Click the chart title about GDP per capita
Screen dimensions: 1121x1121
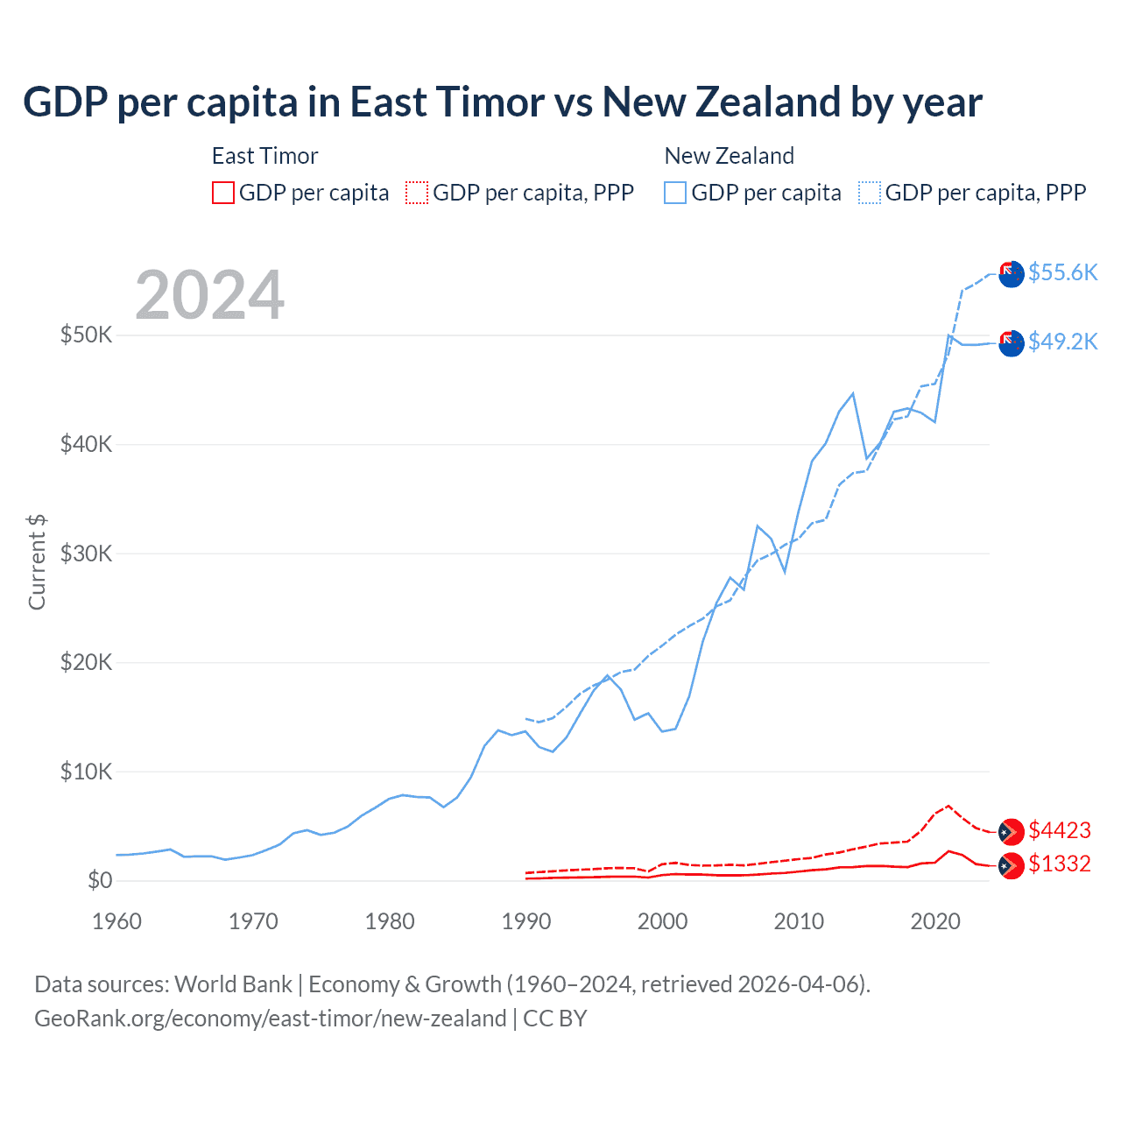click(502, 102)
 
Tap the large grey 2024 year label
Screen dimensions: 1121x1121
click(209, 295)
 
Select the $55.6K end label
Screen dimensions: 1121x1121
click(1062, 272)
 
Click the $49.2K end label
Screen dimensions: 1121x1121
click(1062, 342)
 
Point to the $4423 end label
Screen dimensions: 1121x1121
click(1060, 830)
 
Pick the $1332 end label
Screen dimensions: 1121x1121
click(1060, 864)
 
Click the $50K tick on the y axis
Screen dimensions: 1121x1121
click(86, 335)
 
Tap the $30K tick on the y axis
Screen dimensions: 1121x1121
click(86, 553)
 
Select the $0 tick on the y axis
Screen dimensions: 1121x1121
click(100, 880)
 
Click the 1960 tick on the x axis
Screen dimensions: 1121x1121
click(116, 921)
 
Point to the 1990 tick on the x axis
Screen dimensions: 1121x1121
click(526, 921)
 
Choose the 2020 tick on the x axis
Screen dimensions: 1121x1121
click(935, 921)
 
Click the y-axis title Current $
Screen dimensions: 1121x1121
click(37, 562)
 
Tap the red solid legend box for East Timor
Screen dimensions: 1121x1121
click(223, 193)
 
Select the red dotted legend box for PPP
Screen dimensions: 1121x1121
click(417, 193)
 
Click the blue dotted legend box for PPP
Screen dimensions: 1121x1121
click(870, 193)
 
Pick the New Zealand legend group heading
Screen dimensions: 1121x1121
click(729, 156)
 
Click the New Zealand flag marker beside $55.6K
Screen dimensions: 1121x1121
click(1012, 273)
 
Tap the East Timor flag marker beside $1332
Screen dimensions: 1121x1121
click(1012, 864)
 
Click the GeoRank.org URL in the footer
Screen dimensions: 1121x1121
click(270, 1019)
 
